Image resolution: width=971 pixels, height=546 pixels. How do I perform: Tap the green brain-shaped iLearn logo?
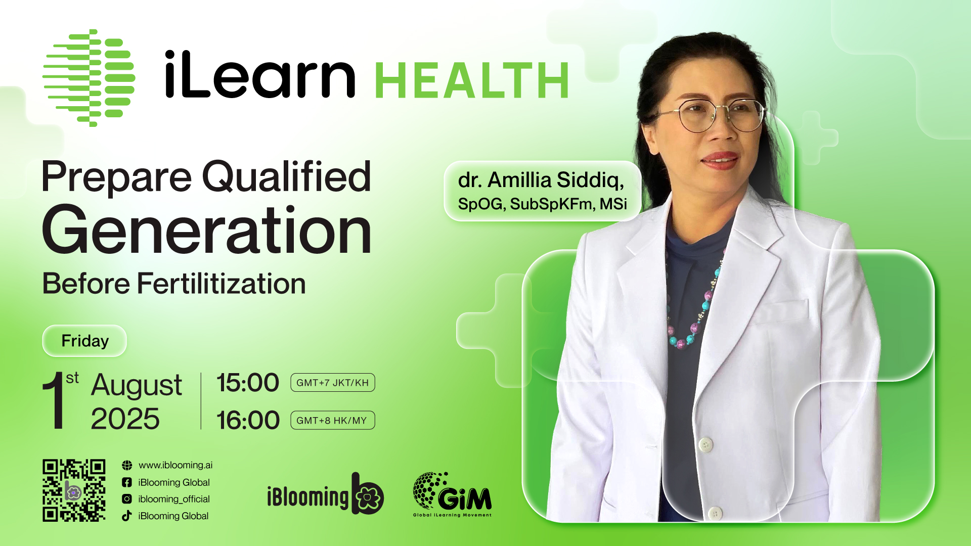click(x=89, y=78)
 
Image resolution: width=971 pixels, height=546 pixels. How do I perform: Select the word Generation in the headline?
click(x=207, y=230)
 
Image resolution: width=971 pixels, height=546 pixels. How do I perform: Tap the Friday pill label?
click(x=84, y=341)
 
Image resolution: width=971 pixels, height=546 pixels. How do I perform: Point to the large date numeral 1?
click(x=54, y=400)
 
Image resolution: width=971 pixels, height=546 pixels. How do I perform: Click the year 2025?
click(x=125, y=419)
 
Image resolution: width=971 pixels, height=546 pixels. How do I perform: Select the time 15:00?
click(x=248, y=383)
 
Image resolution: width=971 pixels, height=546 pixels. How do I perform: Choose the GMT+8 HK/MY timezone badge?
click(x=332, y=420)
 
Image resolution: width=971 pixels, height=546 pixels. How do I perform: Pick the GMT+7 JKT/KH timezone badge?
click(x=332, y=383)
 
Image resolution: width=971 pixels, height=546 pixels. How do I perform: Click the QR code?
click(x=74, y=490)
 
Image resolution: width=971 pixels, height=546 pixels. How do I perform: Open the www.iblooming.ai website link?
click(x=175, y=465)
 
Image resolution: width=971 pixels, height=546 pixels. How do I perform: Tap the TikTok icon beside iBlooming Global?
click(x=127, y=516)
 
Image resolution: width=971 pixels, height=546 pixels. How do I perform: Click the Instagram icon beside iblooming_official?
click(x=127, y=499)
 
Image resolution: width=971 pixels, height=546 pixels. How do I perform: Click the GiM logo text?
click(x=464, y=498)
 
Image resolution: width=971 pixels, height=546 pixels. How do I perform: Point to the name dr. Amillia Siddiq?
click(x=541, y=180)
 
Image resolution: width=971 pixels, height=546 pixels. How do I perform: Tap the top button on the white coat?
click(x=706, y=444)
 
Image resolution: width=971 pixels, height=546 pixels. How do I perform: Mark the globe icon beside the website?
click(x=127, y=465)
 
